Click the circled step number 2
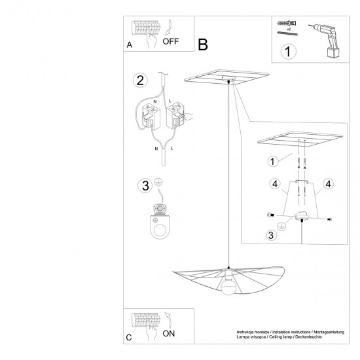[x=139, y=81]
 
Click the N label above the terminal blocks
[x=154, y=103]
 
